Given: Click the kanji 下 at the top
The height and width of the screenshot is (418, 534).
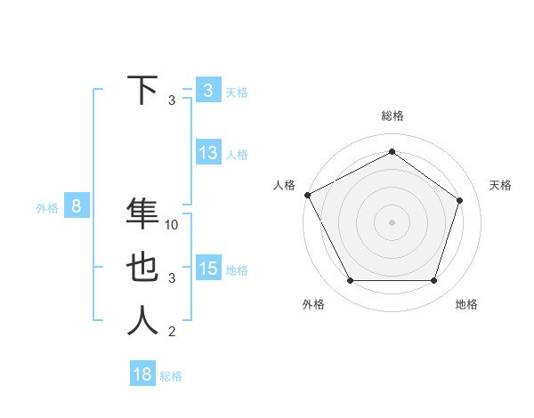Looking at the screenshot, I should (x=142, y=90).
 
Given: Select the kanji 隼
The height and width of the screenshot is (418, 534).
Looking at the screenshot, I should (x=142, y=214).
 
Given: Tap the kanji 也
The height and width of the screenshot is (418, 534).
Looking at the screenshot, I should (x=142, y=268).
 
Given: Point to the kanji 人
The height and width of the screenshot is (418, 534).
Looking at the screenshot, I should (x=142, y=321).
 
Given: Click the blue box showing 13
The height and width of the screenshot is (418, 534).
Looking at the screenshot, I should (x=208, y=153).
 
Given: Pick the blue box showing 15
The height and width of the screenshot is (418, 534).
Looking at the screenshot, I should (x=208, y=269).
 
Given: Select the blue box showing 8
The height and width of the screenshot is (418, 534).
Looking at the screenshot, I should (x=77, y=207).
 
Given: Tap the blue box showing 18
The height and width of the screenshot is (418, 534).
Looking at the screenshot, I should (x=142, y=374).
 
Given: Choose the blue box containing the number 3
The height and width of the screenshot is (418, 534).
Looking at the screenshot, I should (x=208, y=90).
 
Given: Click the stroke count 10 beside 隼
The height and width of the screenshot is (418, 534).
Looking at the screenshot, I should (x=173, y=225).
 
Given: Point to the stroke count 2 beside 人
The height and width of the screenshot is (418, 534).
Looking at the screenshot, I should (x=172, y=332).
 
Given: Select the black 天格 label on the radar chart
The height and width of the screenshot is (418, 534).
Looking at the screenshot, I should (x=501, y=185).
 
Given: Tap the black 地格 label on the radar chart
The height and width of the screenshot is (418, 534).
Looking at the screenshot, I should (x=466, y=304).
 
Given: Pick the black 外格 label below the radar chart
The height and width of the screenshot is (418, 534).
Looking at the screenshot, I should (x=313, y=304).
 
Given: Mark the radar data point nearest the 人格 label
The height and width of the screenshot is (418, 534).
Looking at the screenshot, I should (x=307, y=195).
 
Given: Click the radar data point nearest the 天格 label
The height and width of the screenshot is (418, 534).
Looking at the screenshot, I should (x=460, y=200).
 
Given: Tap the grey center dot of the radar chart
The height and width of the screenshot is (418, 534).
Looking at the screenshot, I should (x=392, y=221).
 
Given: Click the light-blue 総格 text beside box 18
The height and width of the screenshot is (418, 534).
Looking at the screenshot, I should (x=171, y=376).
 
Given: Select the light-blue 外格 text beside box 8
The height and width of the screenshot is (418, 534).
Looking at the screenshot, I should (x=47, y=208).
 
